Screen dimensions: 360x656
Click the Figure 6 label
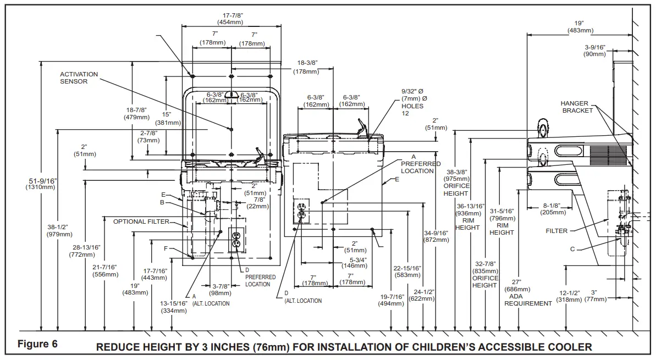click(37, 344)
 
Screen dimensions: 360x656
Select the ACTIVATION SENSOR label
click(79, 77)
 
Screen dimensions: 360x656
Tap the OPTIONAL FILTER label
click(141, 221)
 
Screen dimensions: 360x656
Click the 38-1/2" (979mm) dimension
click(60, 230)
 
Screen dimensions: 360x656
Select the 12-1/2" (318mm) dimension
click(569, 296)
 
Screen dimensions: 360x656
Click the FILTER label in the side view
click(556, 231)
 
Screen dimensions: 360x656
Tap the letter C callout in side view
click(572, 249)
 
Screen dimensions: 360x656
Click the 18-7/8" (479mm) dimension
click(137, 113)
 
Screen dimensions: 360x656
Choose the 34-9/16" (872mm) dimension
click(436, 236)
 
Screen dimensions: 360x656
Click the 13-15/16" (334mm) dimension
click(174, 307)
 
